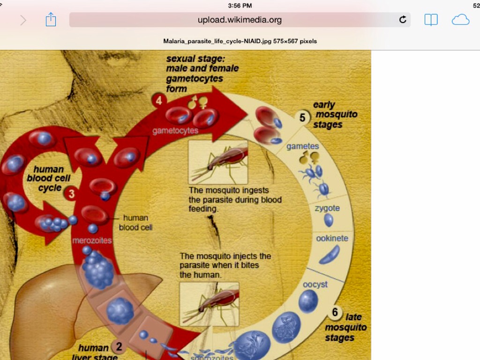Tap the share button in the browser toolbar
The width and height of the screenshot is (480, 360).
pos(51,20)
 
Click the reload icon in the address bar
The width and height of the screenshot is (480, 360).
pos(403,20)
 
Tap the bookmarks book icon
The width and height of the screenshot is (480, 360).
pos(431,20)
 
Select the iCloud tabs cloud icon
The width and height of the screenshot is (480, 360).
pos(460,20)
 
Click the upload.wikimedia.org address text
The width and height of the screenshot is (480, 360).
pos(240,20)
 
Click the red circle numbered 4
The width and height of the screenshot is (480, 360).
pos(159,100)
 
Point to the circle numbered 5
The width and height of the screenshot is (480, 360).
pos(302,118)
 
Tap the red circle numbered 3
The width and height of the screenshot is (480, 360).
pos(72,194)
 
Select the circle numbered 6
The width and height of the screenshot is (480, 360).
pos(335,312)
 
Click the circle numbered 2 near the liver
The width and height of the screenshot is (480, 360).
pos(119,347)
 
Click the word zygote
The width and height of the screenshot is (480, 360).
pos(327,208)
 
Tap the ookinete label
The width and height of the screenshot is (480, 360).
pos(332,238)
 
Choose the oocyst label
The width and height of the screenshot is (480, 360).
pos(315,285)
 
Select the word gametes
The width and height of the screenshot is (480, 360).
pos(302,146)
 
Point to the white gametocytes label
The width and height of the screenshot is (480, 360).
pos(175,131)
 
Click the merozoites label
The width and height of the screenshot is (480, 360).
pos(92,240)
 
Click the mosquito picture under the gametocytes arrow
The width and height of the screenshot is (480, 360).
pos(218,162)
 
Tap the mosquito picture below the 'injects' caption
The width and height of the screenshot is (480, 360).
pos(209,303)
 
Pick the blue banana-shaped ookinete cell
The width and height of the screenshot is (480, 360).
pos(330,254)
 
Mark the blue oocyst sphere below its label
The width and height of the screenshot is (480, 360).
pos(308,300)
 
